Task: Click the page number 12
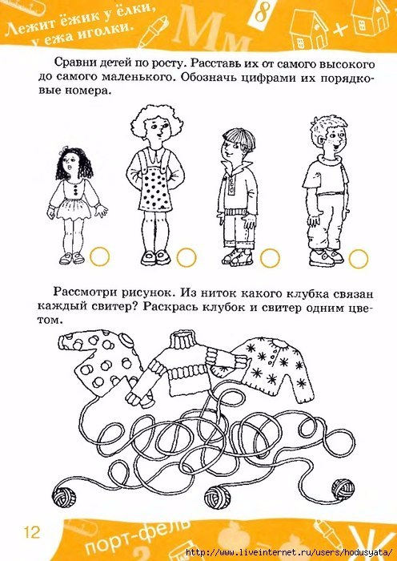pyautogui.click(x=32, y=532)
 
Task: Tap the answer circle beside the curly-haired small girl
pyautogui.click(x=99, y=256)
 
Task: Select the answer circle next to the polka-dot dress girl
pyautogui.click(x=186, y=257)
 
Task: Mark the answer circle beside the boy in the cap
pyautogui.click(x=270, y=257)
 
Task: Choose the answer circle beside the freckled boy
pyautogui.click(x=359, y=258)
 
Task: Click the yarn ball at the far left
pyautogui.click(x=64, y=495)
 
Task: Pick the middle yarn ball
pyautogui.click(x=218, y=497)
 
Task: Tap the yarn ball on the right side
pyautogui.click(x=343, y=490)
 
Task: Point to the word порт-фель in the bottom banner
pyautogui.click(x=138, y=540)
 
